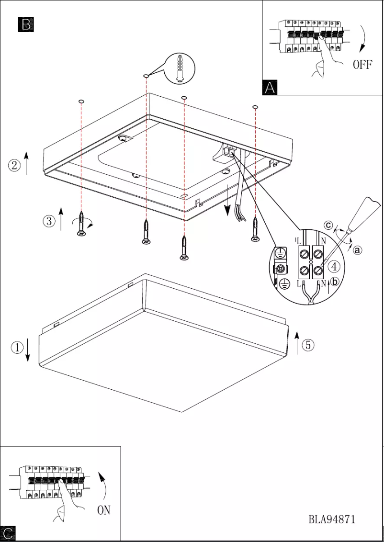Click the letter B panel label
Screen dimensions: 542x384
pos(26,24)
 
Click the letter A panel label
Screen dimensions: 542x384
pos(270,87)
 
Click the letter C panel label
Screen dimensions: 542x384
pos(8,533)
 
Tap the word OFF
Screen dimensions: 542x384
pos(362,65)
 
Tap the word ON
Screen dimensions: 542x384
pos(104,510)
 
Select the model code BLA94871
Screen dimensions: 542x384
pos(332,519)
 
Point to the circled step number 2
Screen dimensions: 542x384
pos(14,166)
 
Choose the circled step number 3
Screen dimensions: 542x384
pos(48,221)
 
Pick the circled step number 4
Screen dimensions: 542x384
pos(334,266)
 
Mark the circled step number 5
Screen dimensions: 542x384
pos(308,344)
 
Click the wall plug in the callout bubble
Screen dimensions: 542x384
pos(179,68)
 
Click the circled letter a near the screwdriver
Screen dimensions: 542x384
pos(358,249)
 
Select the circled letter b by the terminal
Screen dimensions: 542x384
pos(334,282)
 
